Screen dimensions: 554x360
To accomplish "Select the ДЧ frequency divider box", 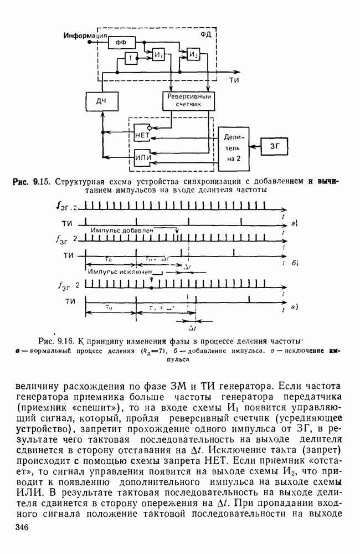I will click(101, 102).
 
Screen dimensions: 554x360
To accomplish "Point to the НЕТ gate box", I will click(143, 134).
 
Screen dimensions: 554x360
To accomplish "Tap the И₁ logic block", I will click(159, 56).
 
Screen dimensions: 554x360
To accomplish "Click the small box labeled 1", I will click(130, 59).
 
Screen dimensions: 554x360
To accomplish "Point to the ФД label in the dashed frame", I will click(206, 34).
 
